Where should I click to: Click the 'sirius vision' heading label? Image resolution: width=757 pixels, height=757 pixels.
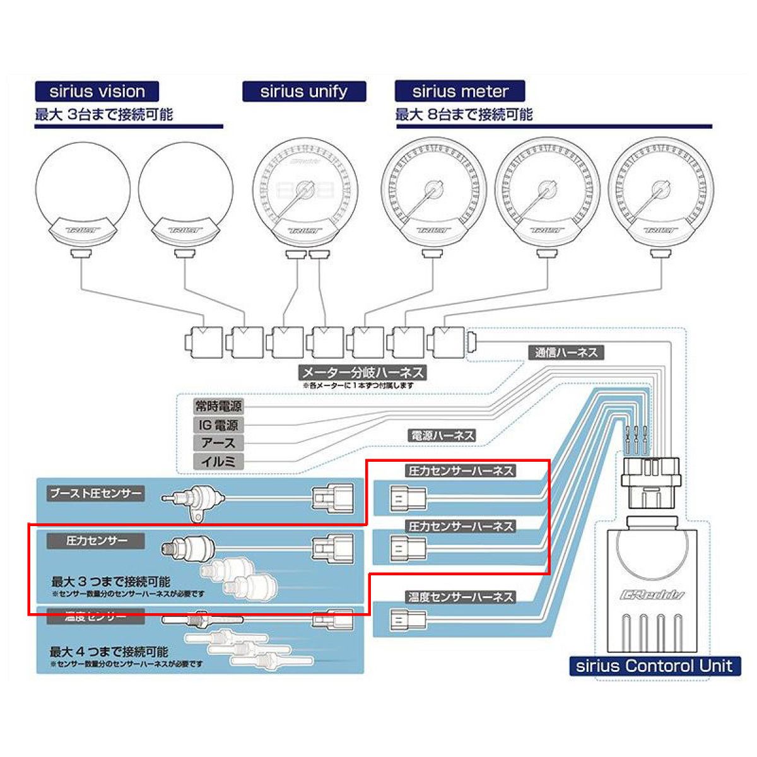(x=97, y=91)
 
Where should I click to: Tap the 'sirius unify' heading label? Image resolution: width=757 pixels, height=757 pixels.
(x=304, y=91)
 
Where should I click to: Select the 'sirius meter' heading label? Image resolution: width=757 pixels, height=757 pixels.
(x=460, y=91)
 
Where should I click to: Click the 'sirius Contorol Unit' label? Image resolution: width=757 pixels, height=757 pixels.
(x=655, y=666)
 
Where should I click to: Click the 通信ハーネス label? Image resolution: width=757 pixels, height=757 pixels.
(x=566, y=353)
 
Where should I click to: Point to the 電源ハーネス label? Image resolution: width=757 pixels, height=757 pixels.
(x=442, y=435)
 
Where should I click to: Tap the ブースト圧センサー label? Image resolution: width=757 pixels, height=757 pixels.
(x=96, y=493)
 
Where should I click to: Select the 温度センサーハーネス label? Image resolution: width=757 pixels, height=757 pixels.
(x=460, y=597)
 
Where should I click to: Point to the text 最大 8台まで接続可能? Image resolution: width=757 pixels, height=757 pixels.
(x=464, y=115)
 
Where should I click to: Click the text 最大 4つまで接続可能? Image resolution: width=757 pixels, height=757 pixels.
(x=109, y=652)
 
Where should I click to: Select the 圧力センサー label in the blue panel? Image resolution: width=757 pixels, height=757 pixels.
(x=97, y=541)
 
